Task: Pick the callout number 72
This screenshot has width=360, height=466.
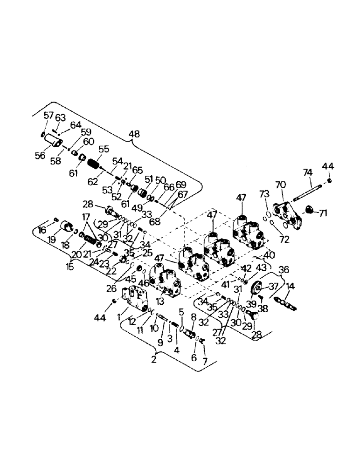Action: click(x=284, y=240)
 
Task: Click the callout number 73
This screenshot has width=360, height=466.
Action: click(x=264, y=194)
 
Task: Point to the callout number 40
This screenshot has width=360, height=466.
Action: click(x=270, y=255)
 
